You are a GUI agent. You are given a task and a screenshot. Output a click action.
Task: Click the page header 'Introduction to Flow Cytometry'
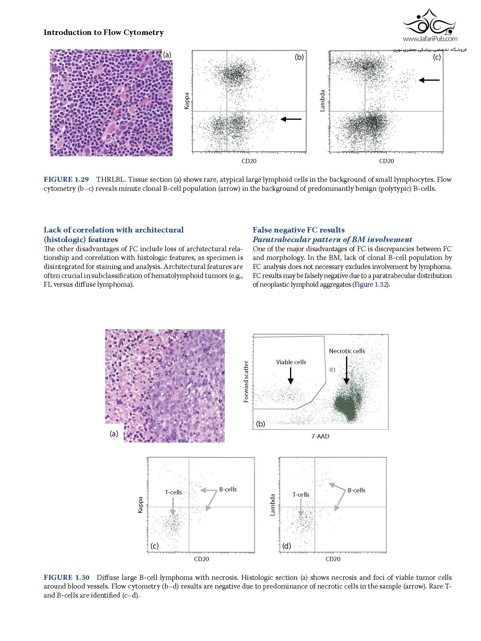point(103,32)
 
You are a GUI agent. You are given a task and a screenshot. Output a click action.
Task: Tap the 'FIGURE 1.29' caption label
point(66,179)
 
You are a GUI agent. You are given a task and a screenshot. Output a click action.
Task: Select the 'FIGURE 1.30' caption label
point(66,577)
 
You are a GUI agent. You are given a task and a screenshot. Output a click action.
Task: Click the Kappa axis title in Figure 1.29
point(187,101)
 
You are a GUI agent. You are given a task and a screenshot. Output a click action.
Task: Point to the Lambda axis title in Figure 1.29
point(322,101)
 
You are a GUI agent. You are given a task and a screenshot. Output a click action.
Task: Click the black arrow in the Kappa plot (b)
point(291,119)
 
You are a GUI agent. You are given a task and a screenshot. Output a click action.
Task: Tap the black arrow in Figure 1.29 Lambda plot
point(429,80)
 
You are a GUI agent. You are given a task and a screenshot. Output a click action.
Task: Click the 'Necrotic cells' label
point(347,351)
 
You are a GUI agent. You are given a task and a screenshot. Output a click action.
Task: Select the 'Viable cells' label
point(291,362)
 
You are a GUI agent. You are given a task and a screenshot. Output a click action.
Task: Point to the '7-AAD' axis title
point(320,436)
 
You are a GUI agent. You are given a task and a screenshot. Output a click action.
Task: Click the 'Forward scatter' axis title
point(246,382)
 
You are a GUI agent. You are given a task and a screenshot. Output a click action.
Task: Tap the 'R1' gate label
point(333,370)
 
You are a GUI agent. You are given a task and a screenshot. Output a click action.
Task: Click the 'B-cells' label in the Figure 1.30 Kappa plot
point(228,489)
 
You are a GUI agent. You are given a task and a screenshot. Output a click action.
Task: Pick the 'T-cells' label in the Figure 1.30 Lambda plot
point(301,495)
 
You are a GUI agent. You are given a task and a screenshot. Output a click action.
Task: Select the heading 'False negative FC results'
point(299,230)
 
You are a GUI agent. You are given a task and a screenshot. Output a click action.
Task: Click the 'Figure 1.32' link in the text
point(370,285)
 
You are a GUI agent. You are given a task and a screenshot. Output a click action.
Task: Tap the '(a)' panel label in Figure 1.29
point(167,55)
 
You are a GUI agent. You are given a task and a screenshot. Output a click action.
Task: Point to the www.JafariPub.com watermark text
point(430,39)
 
